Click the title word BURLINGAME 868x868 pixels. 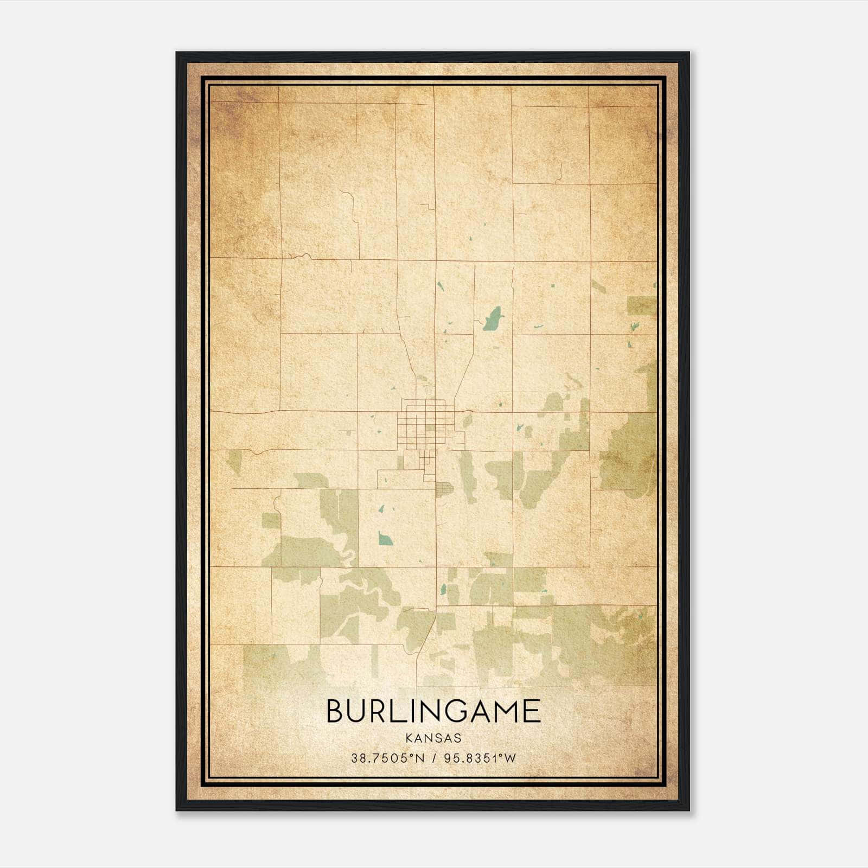tap(433, 711)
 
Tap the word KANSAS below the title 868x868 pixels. tap(433, 738)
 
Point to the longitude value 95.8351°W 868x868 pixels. tap(481, 758)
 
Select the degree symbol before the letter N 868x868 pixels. tap(410, 756)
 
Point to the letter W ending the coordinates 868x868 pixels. tap(510, 758)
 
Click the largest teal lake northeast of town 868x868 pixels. tap(493, 318)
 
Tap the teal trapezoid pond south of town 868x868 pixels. tap(385, 538)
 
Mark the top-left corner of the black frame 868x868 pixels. tap(177, 53)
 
